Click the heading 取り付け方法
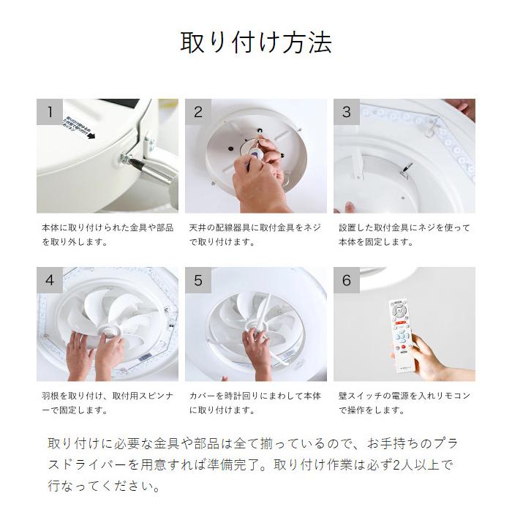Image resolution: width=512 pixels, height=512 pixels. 256,42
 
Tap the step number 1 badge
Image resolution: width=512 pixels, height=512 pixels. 50,112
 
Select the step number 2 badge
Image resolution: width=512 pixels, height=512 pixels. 198,112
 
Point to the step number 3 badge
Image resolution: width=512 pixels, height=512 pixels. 347,112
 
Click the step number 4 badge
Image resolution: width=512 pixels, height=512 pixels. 50,280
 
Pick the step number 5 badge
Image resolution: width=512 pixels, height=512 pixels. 198,280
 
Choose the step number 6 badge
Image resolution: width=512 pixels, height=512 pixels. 347,280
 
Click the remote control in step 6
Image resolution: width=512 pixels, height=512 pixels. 401,336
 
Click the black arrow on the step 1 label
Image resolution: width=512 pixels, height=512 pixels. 91,135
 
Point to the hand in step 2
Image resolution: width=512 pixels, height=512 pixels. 260,176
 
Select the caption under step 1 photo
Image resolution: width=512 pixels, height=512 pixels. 108,235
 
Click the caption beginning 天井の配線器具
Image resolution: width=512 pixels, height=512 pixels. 255,235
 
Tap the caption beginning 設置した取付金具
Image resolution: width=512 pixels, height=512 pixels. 404,235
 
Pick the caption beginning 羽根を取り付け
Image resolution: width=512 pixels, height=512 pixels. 108,403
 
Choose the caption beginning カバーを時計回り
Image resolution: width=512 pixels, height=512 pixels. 255,403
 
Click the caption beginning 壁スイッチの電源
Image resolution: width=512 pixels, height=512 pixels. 404,403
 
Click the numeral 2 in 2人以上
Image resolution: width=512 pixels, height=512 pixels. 397,465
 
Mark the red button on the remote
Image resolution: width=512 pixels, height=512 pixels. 404,347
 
